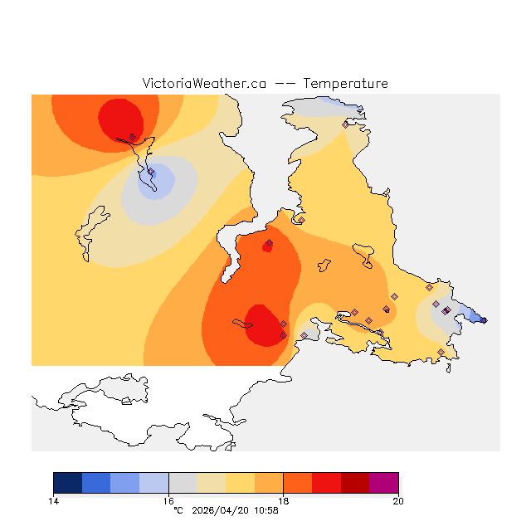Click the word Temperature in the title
click(345, 84)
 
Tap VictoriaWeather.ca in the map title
click(204, 84)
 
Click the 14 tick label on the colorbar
click(53, 500)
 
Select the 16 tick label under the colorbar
click(168, 500)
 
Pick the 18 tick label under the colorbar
click(283, 500)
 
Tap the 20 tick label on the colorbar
click(398, 500)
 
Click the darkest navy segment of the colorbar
click(67, 483)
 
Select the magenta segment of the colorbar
click(384, 483)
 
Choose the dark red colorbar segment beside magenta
click(355, 483)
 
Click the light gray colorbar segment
click(183, 483)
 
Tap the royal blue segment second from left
click(96, 483)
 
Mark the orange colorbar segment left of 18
click(269, 483)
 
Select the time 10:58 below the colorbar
click(265, 510)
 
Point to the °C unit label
click(178, 510)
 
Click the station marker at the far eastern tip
click(484, 320)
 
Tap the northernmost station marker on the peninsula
click(346, 124)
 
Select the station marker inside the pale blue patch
click(151, 172)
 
